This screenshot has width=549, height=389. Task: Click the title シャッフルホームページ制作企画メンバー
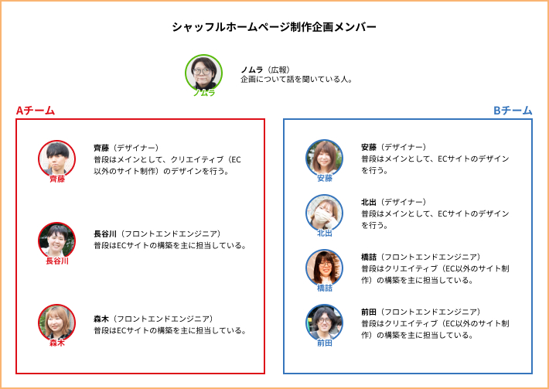pos(274,27)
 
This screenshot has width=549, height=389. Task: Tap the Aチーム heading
pos(36,111)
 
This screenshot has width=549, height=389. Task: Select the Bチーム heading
pos(513,111)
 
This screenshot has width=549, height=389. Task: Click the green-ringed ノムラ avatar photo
pos(204,73)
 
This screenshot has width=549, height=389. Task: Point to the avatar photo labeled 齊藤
pos(56,159)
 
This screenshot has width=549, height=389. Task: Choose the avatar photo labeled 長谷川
pos(56,241)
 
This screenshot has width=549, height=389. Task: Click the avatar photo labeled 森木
pos(56,322)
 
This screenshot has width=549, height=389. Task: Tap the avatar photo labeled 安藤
pos(324,159)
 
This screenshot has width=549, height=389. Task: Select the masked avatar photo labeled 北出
pos(324,213)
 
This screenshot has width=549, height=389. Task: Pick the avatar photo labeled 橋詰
pos(324,268)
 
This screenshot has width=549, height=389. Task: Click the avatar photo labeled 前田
pos(324,322)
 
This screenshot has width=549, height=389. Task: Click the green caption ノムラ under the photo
pos(204,93)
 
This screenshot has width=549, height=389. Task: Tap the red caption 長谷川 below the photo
pos(57,261)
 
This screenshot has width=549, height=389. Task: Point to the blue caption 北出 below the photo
pos(324,234)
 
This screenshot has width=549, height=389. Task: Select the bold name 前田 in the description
pos(369,312)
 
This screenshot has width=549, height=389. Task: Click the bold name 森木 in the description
pos(101,319)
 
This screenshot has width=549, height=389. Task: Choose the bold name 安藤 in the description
pos(369,147)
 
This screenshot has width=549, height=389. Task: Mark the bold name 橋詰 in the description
pos(369,257)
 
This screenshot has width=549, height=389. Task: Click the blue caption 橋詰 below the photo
pos(324,288)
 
